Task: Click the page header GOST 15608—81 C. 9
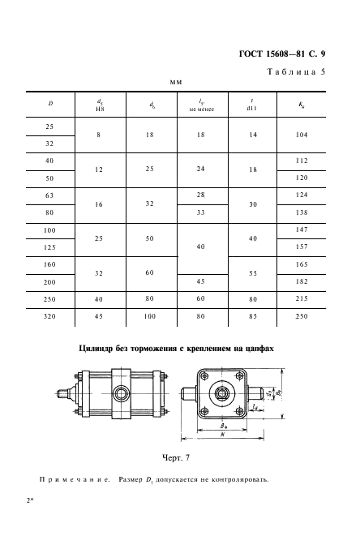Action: [x=282, y=54]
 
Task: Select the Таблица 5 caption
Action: [x=296, y=72]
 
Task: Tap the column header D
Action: [x=50, y=103]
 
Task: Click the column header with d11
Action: [x=252, y=105]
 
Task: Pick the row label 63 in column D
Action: [x=49, y=196]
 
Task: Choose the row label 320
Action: [x=49, y=316]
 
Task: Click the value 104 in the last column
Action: [x=302, y=135]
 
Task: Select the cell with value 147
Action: [x=302, y=229]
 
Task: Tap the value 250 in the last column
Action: [x=302, y=316]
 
